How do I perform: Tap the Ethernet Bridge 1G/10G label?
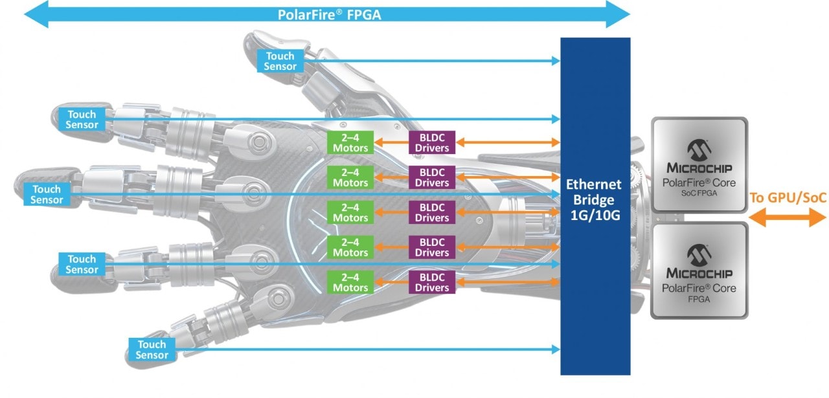(595, 200)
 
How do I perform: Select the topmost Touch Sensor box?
(281, 61)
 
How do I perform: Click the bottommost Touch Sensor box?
(152, 349)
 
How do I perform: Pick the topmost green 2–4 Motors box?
(350, 142)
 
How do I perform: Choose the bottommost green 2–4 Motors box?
(350, 282)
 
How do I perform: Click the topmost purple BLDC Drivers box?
(432, 142)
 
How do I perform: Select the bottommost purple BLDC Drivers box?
(432, 282)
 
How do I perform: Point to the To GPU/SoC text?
(788, 197)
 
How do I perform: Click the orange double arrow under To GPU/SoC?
(788, 217)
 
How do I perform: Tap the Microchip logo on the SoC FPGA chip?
(699, 150)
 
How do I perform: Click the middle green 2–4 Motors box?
(350, 212)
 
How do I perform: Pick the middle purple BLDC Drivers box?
(432, 212)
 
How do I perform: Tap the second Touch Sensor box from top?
(82, 119)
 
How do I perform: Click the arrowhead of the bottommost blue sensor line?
(556, 349)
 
